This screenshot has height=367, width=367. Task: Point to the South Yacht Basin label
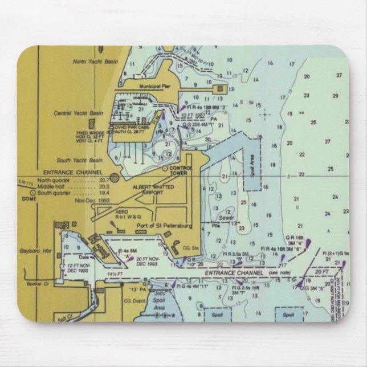coord(83,161)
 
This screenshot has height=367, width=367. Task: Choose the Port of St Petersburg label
coord(164,226)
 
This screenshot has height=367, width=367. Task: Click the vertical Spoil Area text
coord(252,168)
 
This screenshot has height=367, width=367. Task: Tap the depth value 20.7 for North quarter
coord(104,180)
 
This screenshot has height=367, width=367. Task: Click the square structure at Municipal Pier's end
coord(219,89)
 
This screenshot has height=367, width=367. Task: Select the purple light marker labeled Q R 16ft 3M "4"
coord(307,246)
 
